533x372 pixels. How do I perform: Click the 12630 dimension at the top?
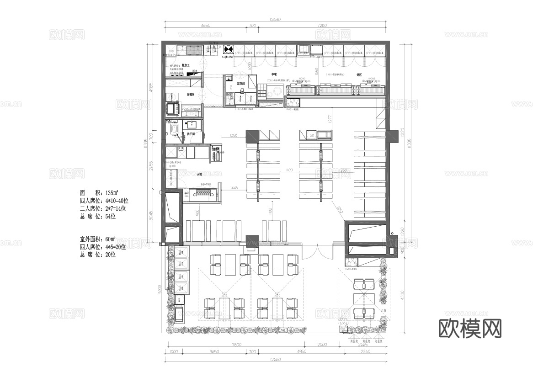275,19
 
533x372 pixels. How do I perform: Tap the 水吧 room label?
200,174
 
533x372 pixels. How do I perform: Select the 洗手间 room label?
191,134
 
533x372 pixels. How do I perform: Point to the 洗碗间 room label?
191,95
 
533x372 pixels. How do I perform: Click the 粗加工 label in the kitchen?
186,66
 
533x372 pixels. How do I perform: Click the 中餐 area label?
274,74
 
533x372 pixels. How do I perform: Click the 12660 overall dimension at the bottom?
275,359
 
